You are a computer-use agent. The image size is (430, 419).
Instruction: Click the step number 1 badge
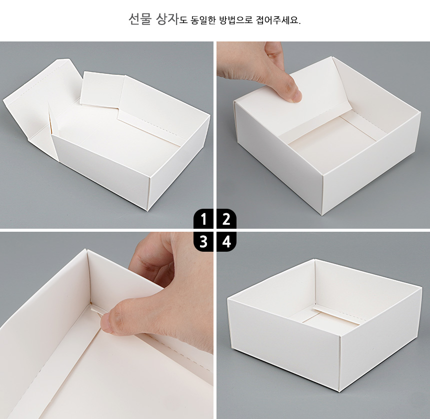(203, 219)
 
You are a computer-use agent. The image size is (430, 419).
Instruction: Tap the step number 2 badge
(226, 219)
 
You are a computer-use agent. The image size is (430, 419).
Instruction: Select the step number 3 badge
(203, 242)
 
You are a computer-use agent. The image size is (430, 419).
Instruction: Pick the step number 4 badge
(226, 242)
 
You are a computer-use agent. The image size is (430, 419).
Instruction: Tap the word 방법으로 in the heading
(236, 20)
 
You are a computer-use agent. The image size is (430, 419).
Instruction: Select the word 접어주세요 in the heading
(278, 20)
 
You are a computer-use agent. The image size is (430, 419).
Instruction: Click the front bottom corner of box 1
(147, 211)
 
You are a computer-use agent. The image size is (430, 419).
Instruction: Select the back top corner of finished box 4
(314, 259)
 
